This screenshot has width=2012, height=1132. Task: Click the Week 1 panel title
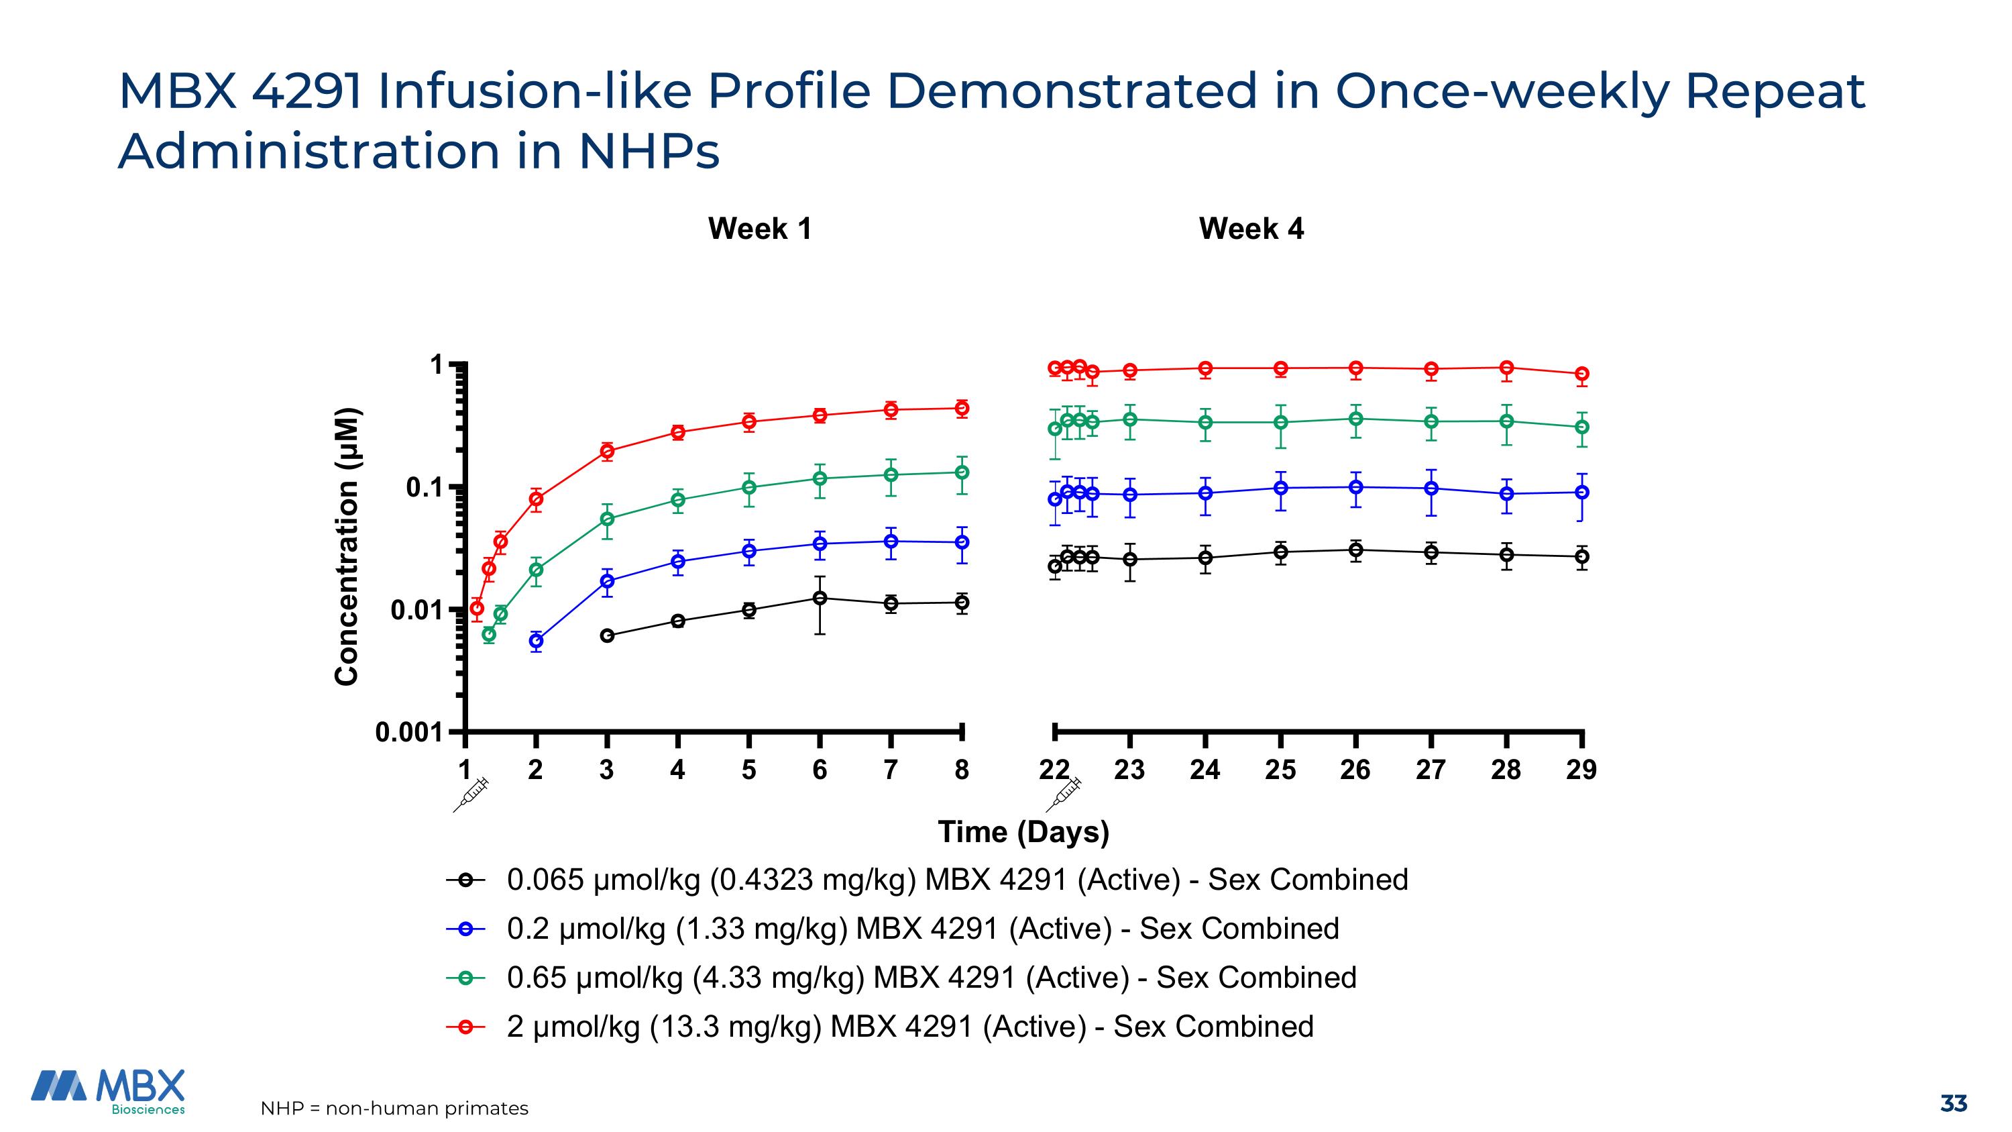[759, 229]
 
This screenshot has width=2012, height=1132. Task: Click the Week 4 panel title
[1251, 229]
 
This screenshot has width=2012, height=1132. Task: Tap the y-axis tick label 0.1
[424, 487]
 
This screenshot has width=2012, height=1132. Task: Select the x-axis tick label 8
[962, 770]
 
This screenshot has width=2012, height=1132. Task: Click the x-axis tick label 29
[1581, 770]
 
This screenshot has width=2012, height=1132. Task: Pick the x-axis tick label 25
[1280, 770]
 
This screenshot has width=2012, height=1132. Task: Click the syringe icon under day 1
[471, 794]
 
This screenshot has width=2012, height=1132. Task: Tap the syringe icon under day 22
[1064, 794]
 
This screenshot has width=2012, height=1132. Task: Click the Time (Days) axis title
[1023, 832]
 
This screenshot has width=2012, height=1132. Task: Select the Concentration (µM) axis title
[347, 547]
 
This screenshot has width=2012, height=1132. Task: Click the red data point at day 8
[962, 408]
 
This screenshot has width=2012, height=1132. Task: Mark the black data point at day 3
[607, 636]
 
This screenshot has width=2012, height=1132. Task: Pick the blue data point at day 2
[536, 641]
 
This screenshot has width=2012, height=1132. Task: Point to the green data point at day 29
[1581, 427]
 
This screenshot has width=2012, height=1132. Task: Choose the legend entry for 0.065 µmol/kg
[957, 880]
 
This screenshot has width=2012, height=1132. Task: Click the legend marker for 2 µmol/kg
[465, 1027]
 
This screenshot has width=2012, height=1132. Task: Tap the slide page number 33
[1952, 1103]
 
